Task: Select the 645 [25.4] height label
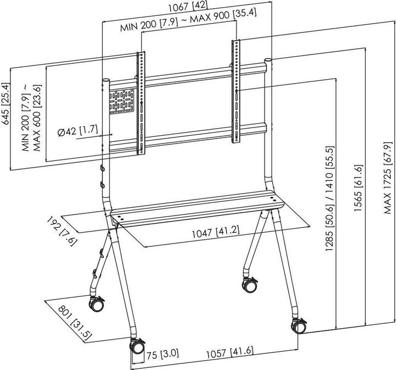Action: click(7, 105)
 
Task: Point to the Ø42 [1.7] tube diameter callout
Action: click(77, 131)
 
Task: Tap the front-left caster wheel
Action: click(136, 347)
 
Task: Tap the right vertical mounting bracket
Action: click(236, 91)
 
